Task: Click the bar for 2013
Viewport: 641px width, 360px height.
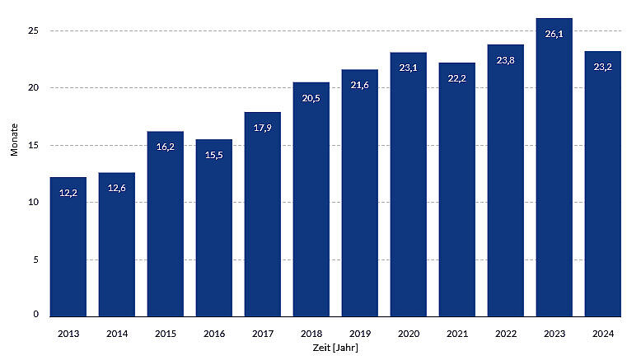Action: (x=68, y=247)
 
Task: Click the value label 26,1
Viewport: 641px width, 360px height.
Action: (x=554, y=34)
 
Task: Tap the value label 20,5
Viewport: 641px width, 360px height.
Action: (x=311, y=98)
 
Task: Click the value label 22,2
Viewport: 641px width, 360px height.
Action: (x=457, y=78)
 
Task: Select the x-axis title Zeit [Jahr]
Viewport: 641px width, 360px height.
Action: (x=335, y=348)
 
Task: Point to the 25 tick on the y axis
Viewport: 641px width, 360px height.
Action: (x=33, y=30)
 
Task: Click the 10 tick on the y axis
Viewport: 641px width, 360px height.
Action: (x=33, y=202)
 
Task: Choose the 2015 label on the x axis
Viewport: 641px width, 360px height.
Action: (x=166, y=333)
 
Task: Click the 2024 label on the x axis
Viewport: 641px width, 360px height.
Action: (x=603, y=333)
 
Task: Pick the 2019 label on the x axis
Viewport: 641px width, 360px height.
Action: (x=360, y=333)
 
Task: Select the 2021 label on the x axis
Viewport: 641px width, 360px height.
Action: (x=457, y=333)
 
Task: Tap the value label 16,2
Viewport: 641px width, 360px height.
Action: (x=166, y=147)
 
